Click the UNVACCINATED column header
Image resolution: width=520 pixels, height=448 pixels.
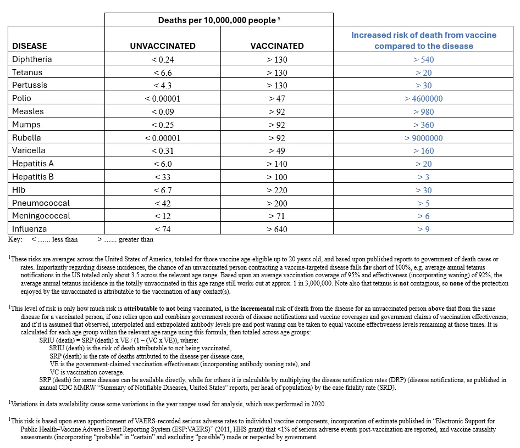tap(163, 46)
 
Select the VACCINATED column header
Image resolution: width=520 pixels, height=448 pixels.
tap(277, 46)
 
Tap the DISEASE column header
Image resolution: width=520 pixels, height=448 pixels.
tap(30, 46)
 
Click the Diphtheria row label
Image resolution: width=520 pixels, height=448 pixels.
tap(32, 59)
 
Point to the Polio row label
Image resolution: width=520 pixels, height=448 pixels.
tap(22, 98)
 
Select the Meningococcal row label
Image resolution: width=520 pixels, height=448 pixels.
tap(41, 216)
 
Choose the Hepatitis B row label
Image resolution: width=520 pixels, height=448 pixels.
tap(34, 177)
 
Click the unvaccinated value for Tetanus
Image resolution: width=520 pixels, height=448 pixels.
tap(163, 72)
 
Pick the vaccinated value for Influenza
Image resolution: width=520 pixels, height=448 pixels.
tap(277, 229)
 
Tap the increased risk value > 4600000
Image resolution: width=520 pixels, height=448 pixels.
tap(423, 99)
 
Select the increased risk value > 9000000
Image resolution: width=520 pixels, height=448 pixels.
tap(423, 138)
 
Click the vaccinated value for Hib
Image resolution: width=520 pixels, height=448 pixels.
tap(277, 190)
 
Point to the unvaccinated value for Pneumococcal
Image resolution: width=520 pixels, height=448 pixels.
tap(163, 203)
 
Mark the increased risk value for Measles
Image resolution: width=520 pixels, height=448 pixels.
tap(423, 111)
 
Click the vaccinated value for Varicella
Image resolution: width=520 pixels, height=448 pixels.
tap(277, 150)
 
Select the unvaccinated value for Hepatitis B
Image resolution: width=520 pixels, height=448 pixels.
tap(163, 177)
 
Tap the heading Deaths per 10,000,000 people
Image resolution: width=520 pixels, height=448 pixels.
tap(219, 20)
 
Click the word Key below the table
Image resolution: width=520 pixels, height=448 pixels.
tap(15, 239)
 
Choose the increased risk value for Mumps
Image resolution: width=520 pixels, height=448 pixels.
tap(423, 125)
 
